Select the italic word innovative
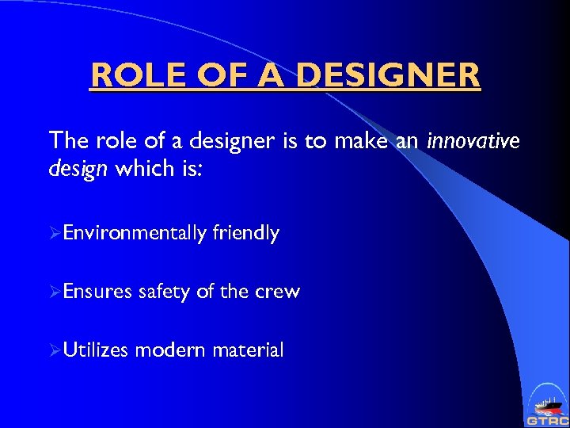(473, 141)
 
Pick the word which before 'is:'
(140, 170)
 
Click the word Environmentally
(135, 233)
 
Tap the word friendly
(245, 233)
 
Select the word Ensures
(97, 292)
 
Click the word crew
(277, 292)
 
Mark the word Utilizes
(96, 350)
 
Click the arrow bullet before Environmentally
(55, 234)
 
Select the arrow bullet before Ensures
(55, 292)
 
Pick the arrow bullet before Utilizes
(55, 350)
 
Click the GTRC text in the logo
(546, 419)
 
